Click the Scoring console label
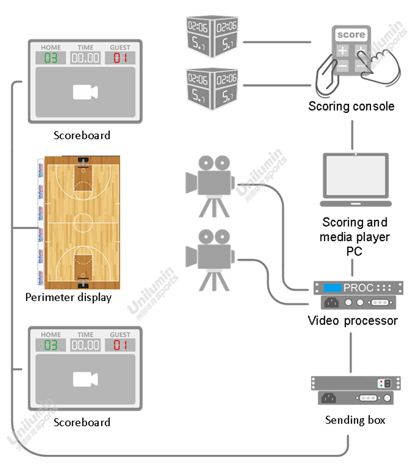(351, 106)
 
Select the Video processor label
(352, 321)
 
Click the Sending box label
(355, 420)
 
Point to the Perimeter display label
(68, 297)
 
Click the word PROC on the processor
(359, 288)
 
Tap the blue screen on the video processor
(333, 287)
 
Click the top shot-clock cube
(212, 37)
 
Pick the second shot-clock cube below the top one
(212, 88)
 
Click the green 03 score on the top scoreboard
(51, 58)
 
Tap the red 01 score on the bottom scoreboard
(120, 345)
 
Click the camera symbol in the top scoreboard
(85, 92)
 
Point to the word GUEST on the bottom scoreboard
(120, 335)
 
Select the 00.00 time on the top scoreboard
(85, 58)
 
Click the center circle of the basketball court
(83, 222)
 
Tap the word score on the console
(351, 35)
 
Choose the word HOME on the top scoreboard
(51, 48)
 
